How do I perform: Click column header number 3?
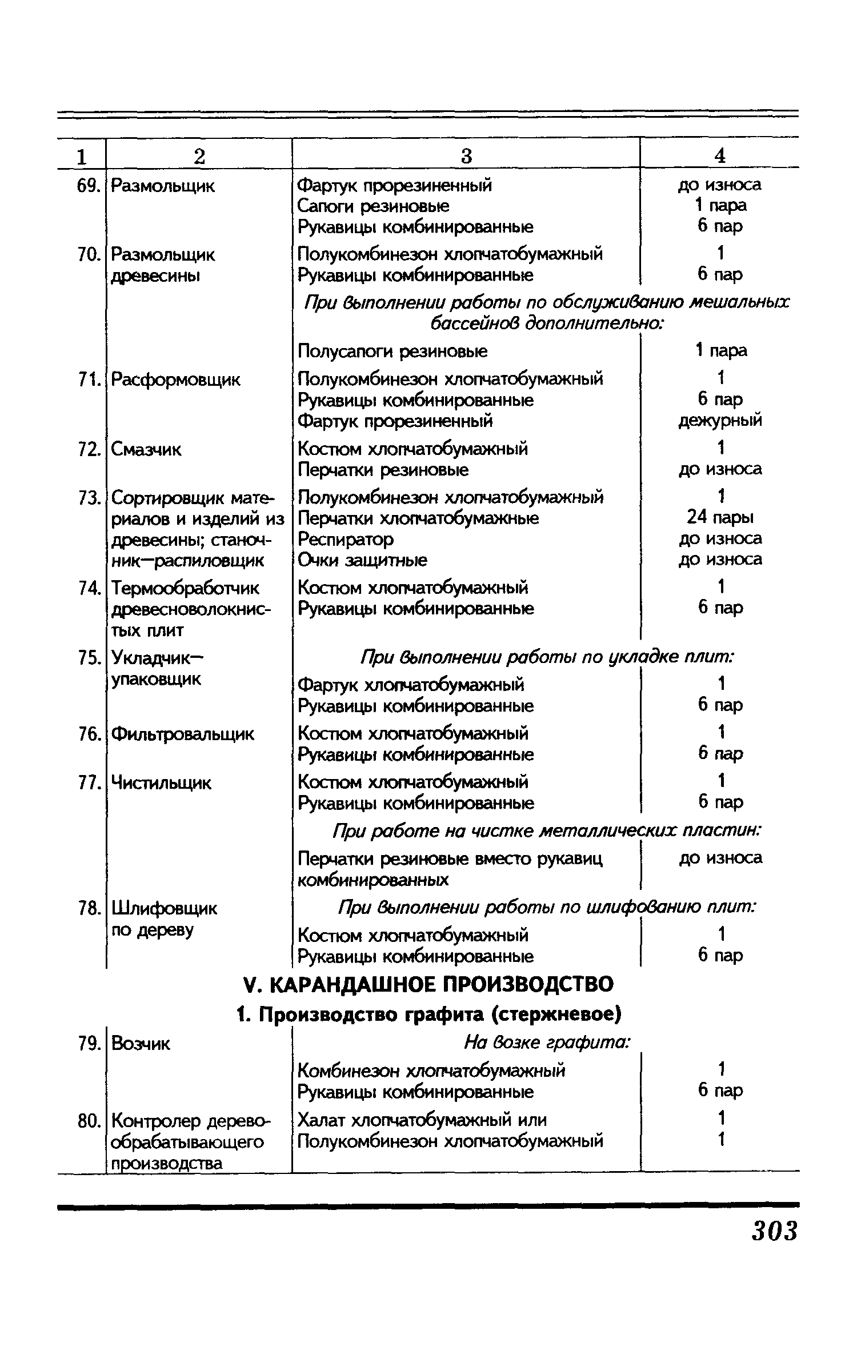tap(466, 155)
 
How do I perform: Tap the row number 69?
tap(89, 186)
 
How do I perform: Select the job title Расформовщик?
tap(175, 380)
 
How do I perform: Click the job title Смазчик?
tap(146, 450)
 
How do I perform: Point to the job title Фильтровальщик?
tap(182, 734)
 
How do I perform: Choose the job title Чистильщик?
tap(161, 782)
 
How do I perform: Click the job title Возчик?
tap(141, 1044)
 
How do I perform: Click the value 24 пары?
tap(720, 518)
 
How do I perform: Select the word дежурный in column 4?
tap(720, 421)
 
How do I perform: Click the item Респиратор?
tap(346, 539)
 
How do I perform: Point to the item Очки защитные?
tap(362, 560)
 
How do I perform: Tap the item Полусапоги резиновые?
tap(393, 351)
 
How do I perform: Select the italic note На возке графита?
tap(547, 1043)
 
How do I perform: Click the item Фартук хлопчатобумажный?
tap(411, 685)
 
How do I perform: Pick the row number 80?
tap(89, 1121)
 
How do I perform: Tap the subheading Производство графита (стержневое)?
tap(428, 1015)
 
